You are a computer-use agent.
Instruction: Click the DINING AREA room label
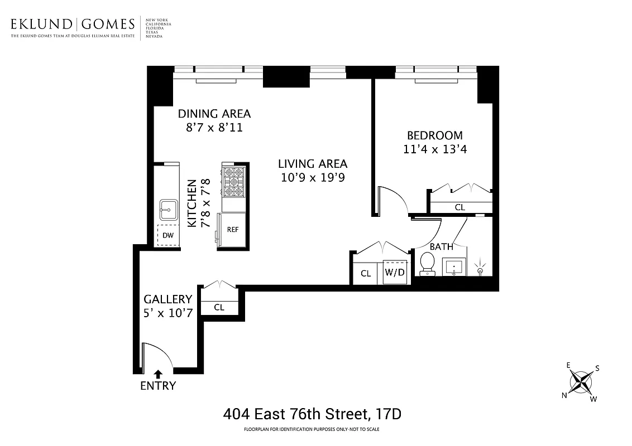pos(214,114)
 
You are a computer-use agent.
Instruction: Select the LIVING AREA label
pos(313,164)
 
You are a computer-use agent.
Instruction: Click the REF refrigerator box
pos(232,229)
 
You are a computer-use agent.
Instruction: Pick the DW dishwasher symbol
pos(168,235)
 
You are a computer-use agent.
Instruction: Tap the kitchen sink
pos(167,210)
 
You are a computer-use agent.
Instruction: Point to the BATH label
pos(441,246)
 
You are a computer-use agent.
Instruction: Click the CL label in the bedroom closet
pos(459,207)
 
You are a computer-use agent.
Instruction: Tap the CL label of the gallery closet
pos(219,307)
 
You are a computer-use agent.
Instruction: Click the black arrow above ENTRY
pos(158,374)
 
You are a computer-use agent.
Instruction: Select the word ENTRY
pos(158,386)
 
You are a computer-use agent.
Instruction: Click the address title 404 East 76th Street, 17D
pos(313,414)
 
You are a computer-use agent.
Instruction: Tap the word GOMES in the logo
pos(108,24)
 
